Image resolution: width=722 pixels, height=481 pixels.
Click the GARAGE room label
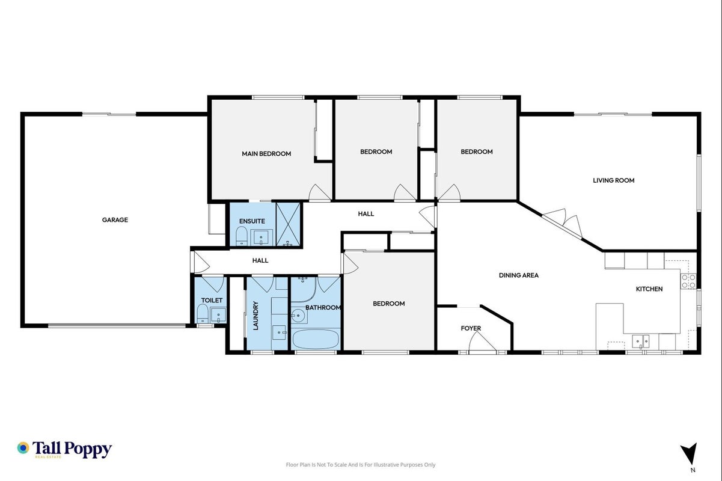[x=115, y=220]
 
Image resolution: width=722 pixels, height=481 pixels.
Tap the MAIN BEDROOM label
[x=266, y=154]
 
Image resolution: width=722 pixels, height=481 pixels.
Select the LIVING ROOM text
[x=613, y=180]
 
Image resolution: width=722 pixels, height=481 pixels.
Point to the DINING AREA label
[x=519, y=275]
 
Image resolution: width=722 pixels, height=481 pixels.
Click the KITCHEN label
[x=649, y=289]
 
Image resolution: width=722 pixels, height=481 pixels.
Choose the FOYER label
[x=471, y=328]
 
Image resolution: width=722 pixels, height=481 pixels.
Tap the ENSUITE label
[x=252, y=221]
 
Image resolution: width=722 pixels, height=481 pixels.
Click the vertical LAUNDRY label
[x=256, y=316]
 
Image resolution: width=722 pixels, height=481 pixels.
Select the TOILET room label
[x=212, y=301]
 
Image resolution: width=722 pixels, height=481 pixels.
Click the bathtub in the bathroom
[x=316, y=339]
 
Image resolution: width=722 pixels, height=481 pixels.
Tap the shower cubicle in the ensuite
[x=289, y=224]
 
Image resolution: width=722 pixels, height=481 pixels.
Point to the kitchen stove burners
[x=688, y=281]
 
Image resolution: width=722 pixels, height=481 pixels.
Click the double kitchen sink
[x=641, y=342]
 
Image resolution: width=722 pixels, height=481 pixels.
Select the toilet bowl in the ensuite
[x=242, y=236]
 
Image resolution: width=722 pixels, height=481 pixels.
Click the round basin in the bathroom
[x=298, y=315]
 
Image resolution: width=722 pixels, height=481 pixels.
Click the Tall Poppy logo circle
[x=23, y=448]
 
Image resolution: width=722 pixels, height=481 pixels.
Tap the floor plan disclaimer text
[x=361, y=465]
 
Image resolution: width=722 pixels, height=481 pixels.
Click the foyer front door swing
[x=482, y=341]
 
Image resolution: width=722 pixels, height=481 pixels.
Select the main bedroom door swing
[x=320, y=192]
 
